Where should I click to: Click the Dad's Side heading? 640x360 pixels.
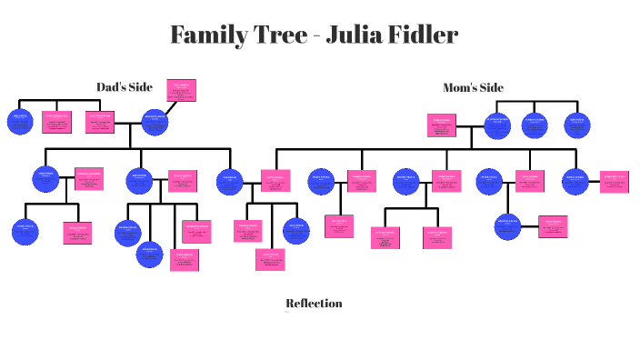pyautogui.click(x=125, y=87)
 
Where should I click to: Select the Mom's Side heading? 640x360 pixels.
pyautogui.click(x=473, y=88)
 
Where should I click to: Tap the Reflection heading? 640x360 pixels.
pyautogui.click(x=314, y=303)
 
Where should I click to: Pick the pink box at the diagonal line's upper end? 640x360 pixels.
pyautogui.click(x=181, y=90)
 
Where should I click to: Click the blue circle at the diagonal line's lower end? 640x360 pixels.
pyautogui.click(x=155, y=121)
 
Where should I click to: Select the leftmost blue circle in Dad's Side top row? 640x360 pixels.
pyautogui.click(x=20, y=121)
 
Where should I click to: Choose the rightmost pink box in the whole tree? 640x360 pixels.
pyautogui.click(x=614, y=181)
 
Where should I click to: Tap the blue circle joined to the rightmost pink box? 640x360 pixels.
pyautogui.click(x=575, y=181)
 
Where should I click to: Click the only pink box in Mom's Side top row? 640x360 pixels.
pyautogui.click(x=441, y=125)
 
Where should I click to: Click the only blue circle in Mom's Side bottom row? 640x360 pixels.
pyautogui.click(x=507, y=225)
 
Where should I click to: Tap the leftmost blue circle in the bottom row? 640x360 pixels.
pyautogui.click(x=25, y=231)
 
